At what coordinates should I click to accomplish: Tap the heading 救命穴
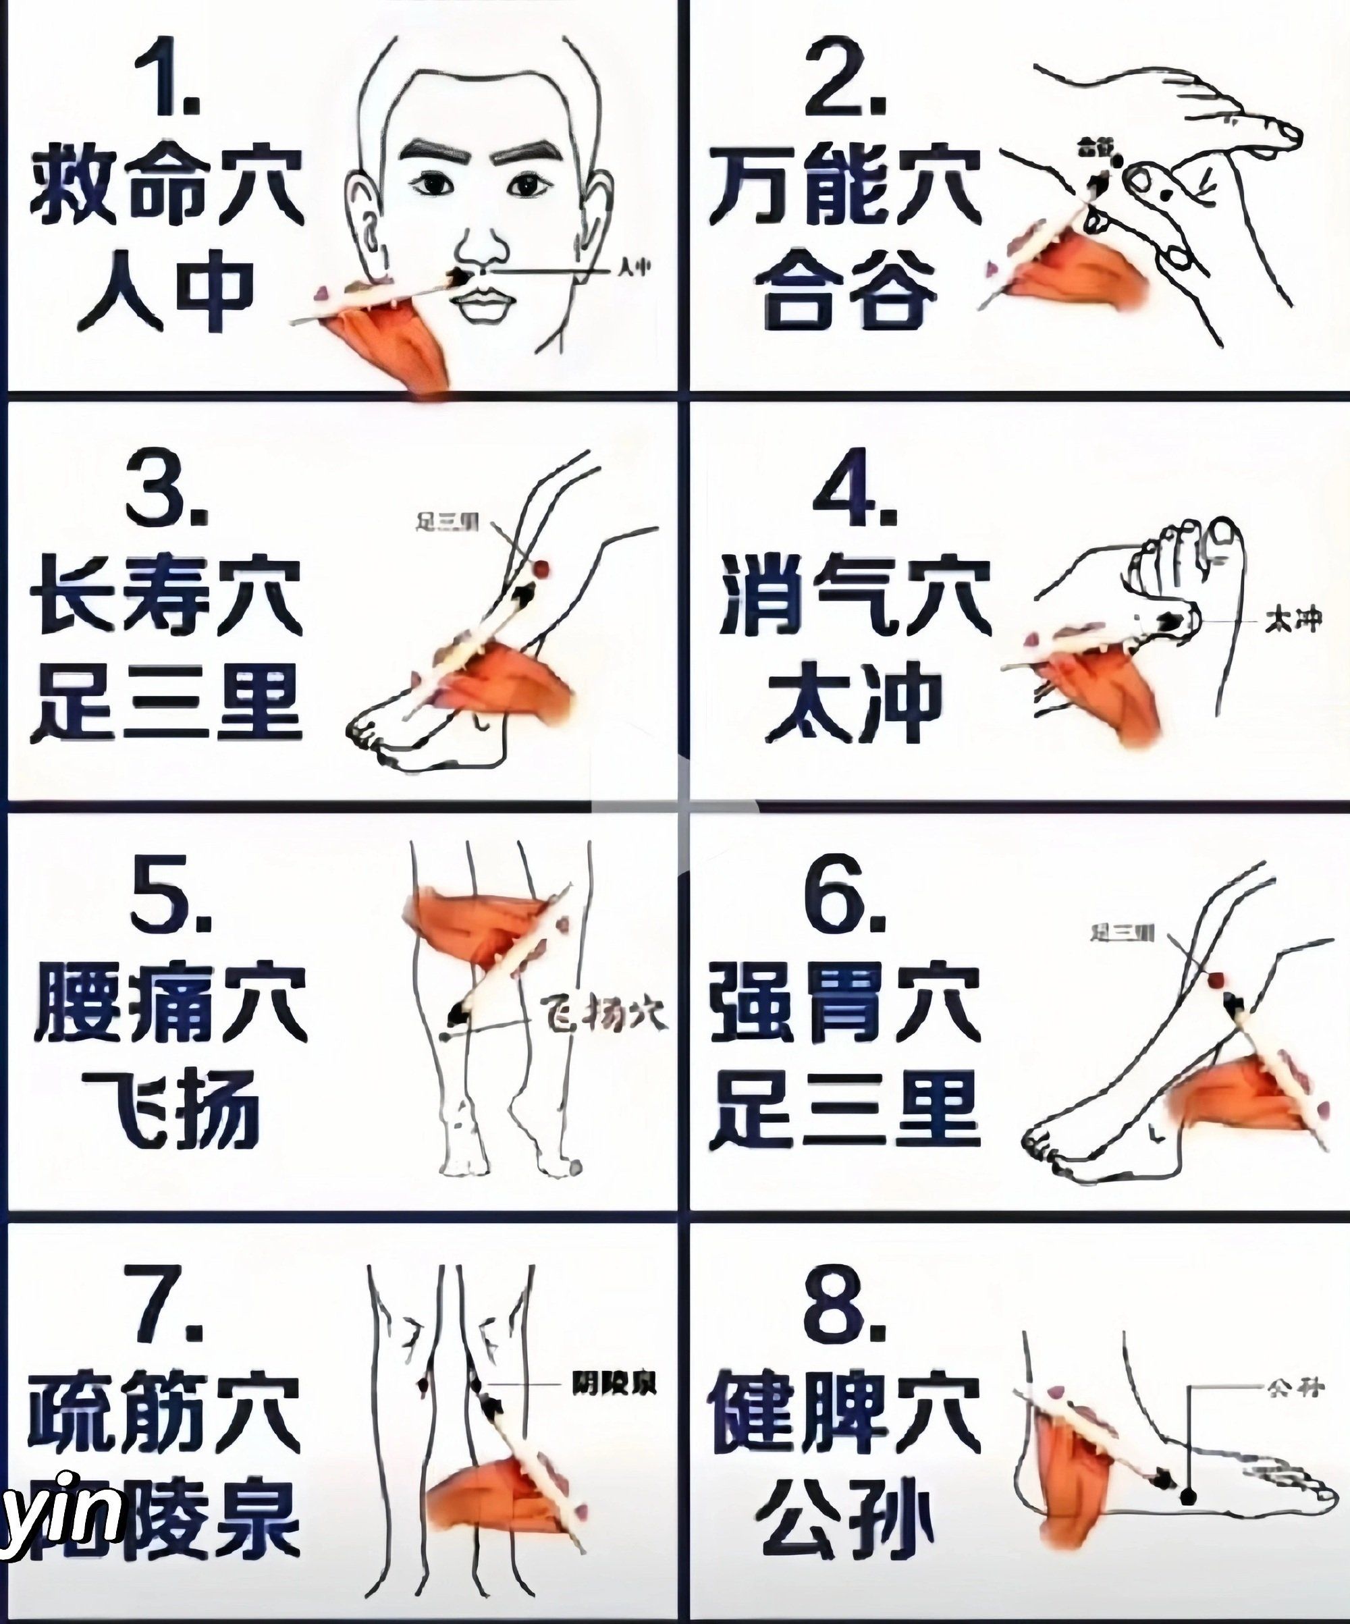tap(166, 186)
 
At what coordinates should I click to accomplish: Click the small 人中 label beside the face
tap(634, 269)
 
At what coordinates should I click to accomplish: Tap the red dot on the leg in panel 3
tap(543, 568)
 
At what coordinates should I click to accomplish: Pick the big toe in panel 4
tap(1222, 541)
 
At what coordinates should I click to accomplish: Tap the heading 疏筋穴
tap(165, 1409)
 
